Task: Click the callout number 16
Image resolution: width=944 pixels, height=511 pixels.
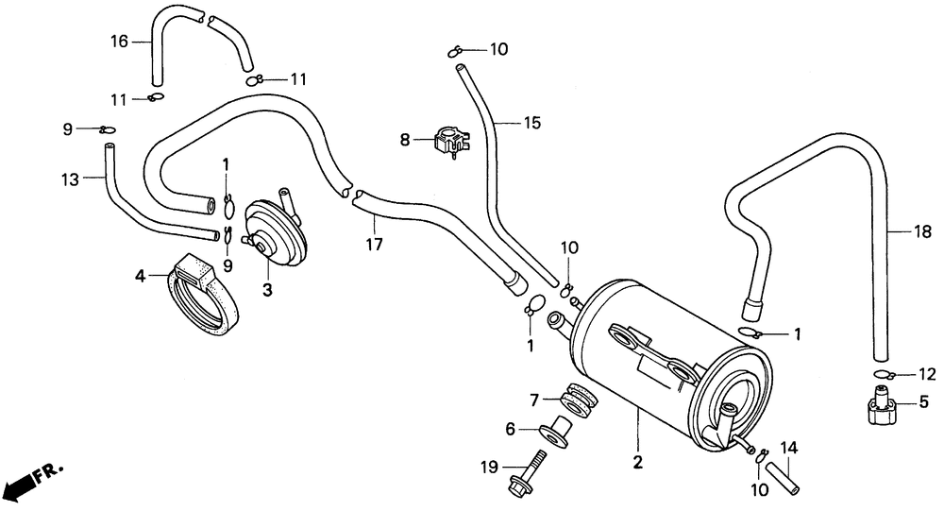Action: pos(119,42)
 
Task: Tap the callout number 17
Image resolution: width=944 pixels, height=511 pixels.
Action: pos(374,245)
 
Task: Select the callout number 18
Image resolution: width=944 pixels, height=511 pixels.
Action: pos(922,231)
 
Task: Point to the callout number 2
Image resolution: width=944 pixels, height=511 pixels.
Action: pos(637,462)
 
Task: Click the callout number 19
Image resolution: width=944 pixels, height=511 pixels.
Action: pos(489,467)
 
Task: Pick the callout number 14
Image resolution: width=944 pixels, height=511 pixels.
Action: pos(789,448)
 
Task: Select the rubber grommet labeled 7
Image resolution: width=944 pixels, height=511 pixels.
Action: pos(579,400)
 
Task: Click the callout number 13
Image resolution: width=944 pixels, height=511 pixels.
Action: pos(70,179)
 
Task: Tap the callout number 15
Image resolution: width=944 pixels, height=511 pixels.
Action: pos(532,123)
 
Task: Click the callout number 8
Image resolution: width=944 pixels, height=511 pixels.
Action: pos(405,140)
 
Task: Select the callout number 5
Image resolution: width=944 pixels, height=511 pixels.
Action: pos(924,401)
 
